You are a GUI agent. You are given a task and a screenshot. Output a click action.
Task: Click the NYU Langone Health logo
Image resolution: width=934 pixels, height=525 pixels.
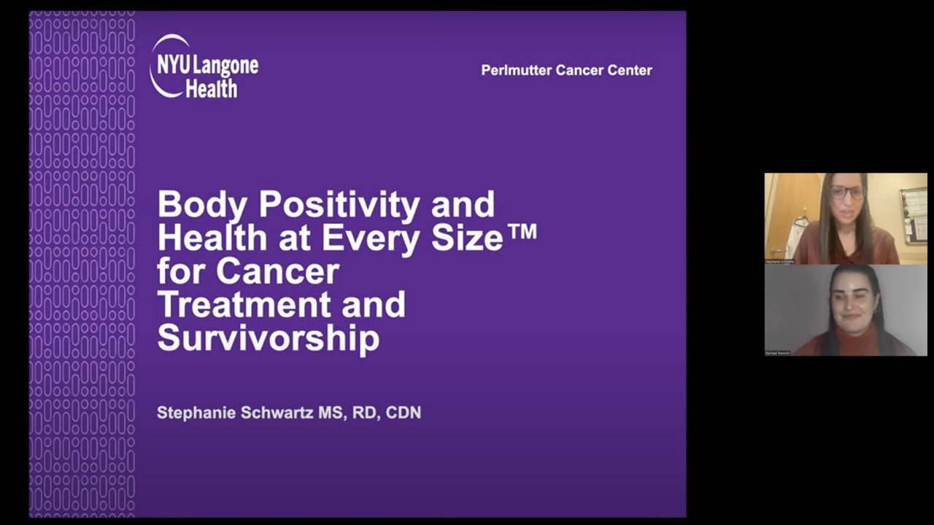click(x=204, y=66)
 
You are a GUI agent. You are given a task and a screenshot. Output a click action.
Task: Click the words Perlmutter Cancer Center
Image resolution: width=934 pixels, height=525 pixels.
click(x=566, y=71)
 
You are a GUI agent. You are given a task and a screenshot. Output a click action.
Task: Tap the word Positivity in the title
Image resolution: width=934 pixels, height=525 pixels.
click(x=339, y=204)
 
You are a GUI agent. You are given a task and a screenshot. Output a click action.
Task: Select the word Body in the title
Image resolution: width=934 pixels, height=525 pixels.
click(x=202, y=204)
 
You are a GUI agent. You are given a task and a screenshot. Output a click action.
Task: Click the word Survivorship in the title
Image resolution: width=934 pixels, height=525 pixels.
click(x=268, y=338)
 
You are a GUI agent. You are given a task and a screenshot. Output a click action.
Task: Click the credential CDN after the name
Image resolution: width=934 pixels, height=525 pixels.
click(x=403, y=413)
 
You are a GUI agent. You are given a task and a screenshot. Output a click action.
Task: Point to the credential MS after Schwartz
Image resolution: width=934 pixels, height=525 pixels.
click(x=330, y=413)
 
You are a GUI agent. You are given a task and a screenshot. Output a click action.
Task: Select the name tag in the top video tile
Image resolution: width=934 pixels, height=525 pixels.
click(x=780, y=260)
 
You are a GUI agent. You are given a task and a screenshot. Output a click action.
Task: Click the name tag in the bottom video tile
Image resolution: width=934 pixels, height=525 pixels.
click(x=778, y=352)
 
